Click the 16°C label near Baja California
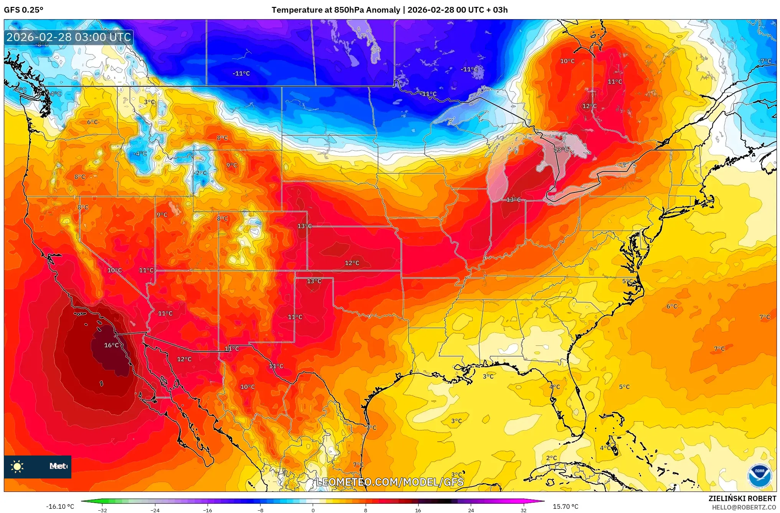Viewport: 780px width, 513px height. (x=111, y=345)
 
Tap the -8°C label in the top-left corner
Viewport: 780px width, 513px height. (x=42, y=44)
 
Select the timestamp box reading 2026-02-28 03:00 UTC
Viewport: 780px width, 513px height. (x=69, y=37)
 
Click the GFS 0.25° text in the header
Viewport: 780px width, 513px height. (x=23, y=10)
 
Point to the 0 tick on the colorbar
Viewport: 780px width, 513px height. (x=313, y=510)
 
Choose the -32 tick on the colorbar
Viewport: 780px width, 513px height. (x=102, y=510)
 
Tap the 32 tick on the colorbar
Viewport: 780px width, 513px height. (x=523, y=510)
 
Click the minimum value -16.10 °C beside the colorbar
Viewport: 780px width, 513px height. (x=60, y=506)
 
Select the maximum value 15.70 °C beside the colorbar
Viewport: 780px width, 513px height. (x=565, y=506)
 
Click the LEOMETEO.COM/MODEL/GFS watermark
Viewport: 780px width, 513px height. (x=390, y=482)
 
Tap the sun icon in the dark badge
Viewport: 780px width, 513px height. (x=17, y=466)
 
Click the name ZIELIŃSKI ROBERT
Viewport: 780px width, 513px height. (x=742, y=498)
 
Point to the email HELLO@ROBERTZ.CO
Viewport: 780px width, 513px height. (x=744, y=507)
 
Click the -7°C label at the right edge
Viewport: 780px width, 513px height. (x=765, y=61)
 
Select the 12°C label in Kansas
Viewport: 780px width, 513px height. (x=352, y=263)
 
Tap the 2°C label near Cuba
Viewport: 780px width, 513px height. (x=551, y=458)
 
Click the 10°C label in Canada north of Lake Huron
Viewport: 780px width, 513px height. (x=567, y=61)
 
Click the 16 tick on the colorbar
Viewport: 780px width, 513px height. (x=418, y=510)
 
